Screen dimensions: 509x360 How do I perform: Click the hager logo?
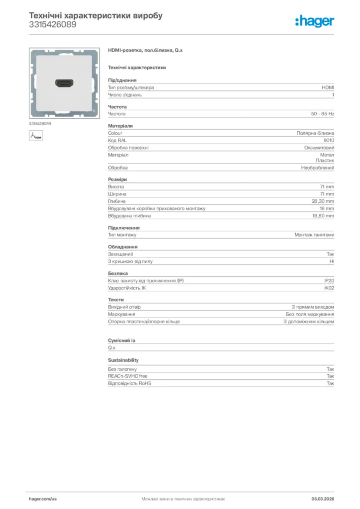click(315, 21)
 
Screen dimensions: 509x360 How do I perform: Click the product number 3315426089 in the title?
click(53, 24)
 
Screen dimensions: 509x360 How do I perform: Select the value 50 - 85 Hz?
click(323, 114)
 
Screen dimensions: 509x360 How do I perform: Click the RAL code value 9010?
click(329, 140)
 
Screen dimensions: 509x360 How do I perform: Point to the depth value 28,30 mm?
click(323, 201)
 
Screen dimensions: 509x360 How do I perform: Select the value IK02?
click(329, 288)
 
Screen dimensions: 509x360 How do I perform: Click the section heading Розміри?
click(117, 179)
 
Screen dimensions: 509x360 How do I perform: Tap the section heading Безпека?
click(118, 273)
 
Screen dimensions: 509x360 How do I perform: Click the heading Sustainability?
click(123, 360)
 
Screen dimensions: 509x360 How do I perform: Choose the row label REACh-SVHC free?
click(128, 376)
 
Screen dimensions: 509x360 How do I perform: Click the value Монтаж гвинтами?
click(314, 235)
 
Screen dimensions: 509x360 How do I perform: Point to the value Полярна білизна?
click(315, 133)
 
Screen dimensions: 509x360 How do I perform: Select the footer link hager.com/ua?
click(43, 499)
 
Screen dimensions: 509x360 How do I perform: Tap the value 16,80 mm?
click(323, 216)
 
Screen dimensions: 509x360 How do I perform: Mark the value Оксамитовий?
click(319, 148)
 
